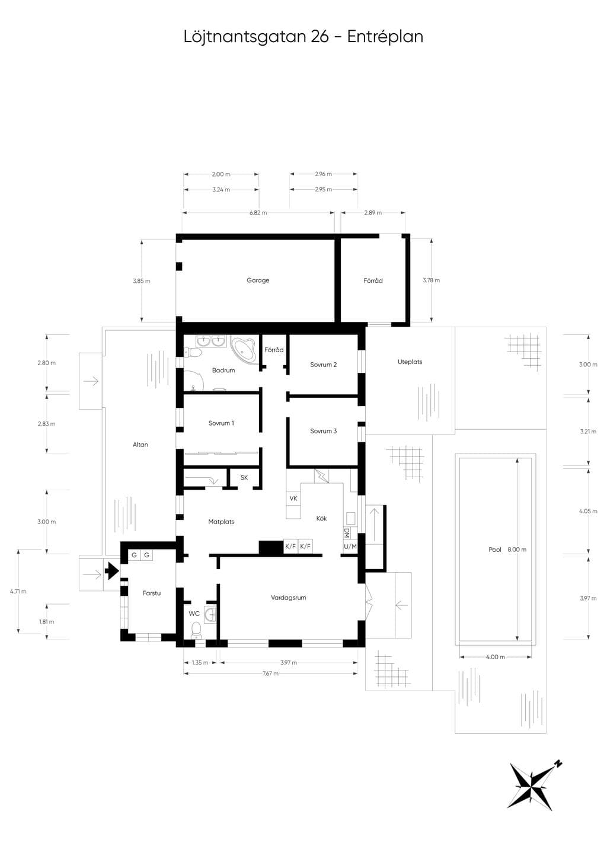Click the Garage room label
(x=258, y=280)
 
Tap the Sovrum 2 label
(x=323, y=365)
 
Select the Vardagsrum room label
(x=288, y=598)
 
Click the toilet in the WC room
(x=196, y=630)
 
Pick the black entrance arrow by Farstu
(x=112, y=571)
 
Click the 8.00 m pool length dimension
(x=517, y=550)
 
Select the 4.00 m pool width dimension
(x=495, y=657)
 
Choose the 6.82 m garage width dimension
(x=258, y=213)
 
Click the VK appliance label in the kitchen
(x=293, y=499)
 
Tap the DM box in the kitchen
(x=347, y=533)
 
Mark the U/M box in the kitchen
(x=350, y=547)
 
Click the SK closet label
(x=244, y=477)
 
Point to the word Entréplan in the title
(x=385, y=37)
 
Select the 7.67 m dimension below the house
(x=271, y=673)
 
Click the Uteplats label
(x=410, y=362)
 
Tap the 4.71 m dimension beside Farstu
(x=18, y=591)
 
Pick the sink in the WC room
(x=210, y=615)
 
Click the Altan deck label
(x=140, y=445)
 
